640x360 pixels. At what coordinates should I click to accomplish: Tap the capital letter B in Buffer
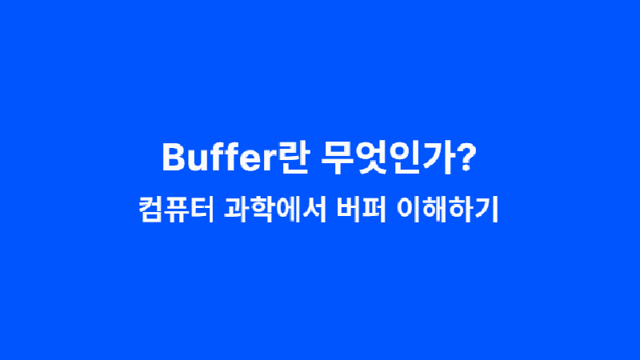pos(174,157)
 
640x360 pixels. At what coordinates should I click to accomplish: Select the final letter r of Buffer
pos(270,160)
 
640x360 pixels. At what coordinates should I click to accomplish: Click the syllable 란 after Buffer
pos(293,158)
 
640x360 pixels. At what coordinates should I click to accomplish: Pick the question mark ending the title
pos(467,157)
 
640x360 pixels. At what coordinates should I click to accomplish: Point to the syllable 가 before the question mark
pos(438,158)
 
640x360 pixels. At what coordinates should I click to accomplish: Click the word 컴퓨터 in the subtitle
pos(177,210)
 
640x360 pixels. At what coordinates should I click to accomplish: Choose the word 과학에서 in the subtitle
pos(275,210)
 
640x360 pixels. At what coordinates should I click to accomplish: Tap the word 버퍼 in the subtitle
pos(362,210)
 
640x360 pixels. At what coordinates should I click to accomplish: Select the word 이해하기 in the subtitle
pos(447,210)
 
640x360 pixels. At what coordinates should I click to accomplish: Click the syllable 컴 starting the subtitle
pos(151,210)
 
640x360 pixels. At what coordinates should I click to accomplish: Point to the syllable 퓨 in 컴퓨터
pos(178,210)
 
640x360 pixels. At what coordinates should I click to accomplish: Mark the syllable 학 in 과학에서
pos(262,210)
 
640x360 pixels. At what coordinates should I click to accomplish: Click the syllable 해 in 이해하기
pos(434,210)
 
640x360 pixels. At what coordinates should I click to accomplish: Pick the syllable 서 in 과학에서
pos(314,210)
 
